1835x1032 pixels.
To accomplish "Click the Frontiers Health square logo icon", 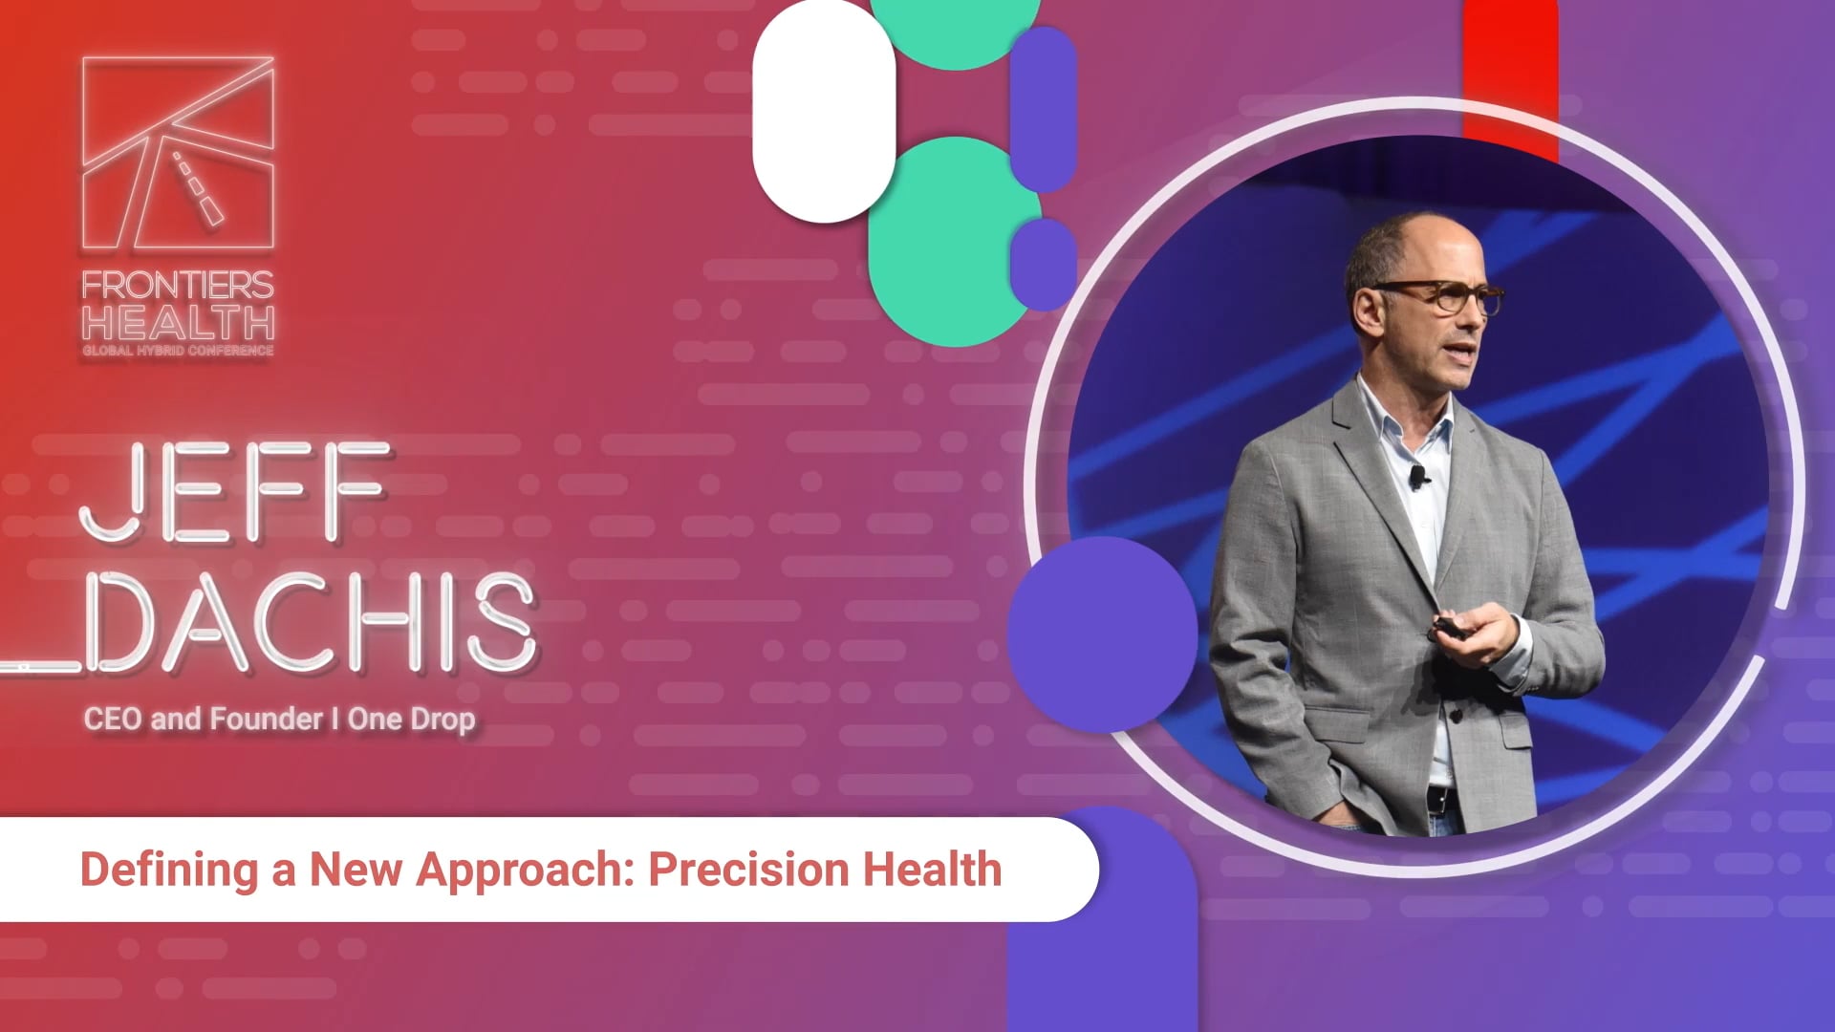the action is click(178, 153).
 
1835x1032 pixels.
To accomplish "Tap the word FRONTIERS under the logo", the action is click(178, 285).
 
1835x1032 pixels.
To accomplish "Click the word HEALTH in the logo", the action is click(178, 323).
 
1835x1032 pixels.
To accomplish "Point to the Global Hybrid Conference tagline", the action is click(178, 351).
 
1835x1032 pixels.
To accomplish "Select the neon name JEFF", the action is click(235, 493).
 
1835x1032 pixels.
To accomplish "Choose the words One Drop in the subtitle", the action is click(411, 720).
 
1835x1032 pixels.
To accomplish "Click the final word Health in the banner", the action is click(932, 869).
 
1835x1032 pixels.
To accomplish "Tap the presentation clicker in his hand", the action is click(1449, 629).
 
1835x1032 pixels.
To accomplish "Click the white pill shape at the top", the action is click(824, 111).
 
